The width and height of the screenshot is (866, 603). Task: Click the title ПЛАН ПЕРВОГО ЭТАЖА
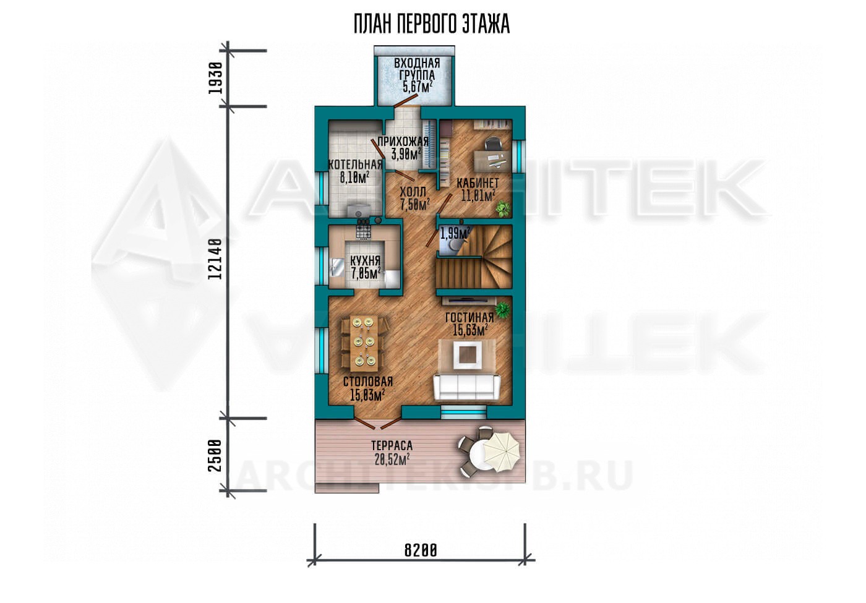[x=432, y=24]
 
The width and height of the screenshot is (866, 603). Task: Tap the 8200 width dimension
[x=421, y=550]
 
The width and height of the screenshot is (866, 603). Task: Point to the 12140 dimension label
[x=215, y=259]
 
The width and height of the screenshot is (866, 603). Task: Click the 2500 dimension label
[x=215, y=455]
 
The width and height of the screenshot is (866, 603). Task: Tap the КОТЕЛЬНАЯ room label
[x=355, y=165]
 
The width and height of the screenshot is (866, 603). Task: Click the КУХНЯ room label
[x=366, y=260]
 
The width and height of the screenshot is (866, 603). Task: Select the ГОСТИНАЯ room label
[x=469, y=317]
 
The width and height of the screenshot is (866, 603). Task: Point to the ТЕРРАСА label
[x=392, y=446]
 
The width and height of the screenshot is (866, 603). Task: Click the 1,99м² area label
[x=455, y=233]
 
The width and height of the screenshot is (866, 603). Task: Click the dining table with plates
[x=364, y=343]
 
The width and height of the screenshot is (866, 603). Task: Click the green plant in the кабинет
[x=502, y=208]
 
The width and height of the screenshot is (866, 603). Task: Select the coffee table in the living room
[x=469, y=354]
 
